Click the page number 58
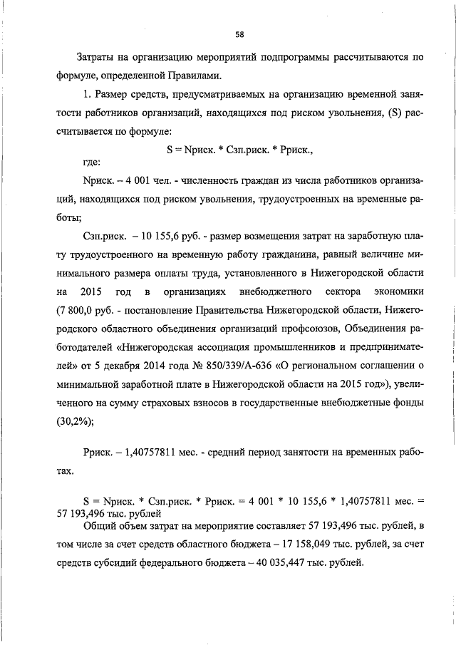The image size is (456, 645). [240, 33]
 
